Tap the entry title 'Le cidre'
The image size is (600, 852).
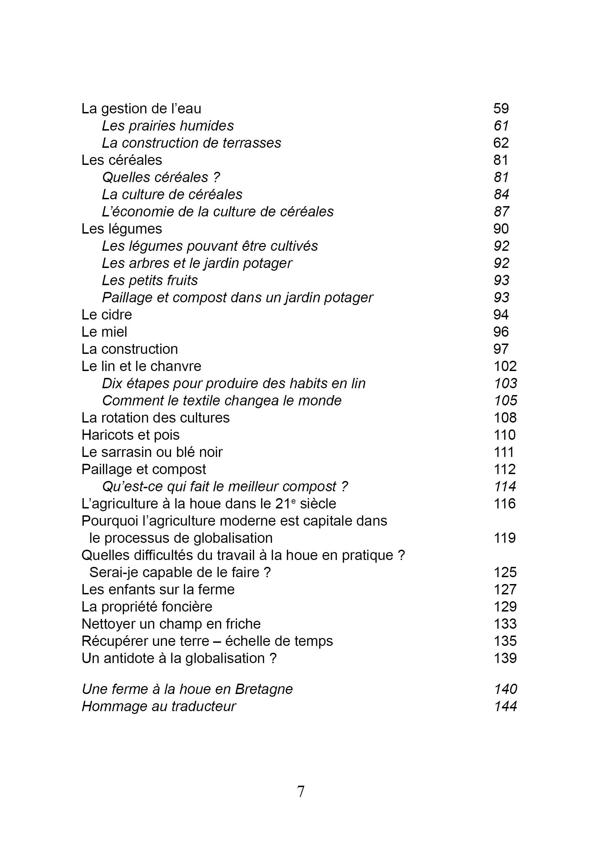point(107,315)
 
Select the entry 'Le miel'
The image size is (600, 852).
point(104,332)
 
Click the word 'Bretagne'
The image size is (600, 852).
point(264,689)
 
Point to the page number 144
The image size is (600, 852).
point(506,706)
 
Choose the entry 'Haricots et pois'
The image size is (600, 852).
point(130,435)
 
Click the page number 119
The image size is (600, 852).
point(505,538)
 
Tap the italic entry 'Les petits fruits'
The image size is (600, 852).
point(150,280)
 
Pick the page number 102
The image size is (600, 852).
point(505,366)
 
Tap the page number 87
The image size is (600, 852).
point(501,212)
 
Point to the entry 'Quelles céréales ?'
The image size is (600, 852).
point(161,177)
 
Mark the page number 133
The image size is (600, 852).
point(505,624)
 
